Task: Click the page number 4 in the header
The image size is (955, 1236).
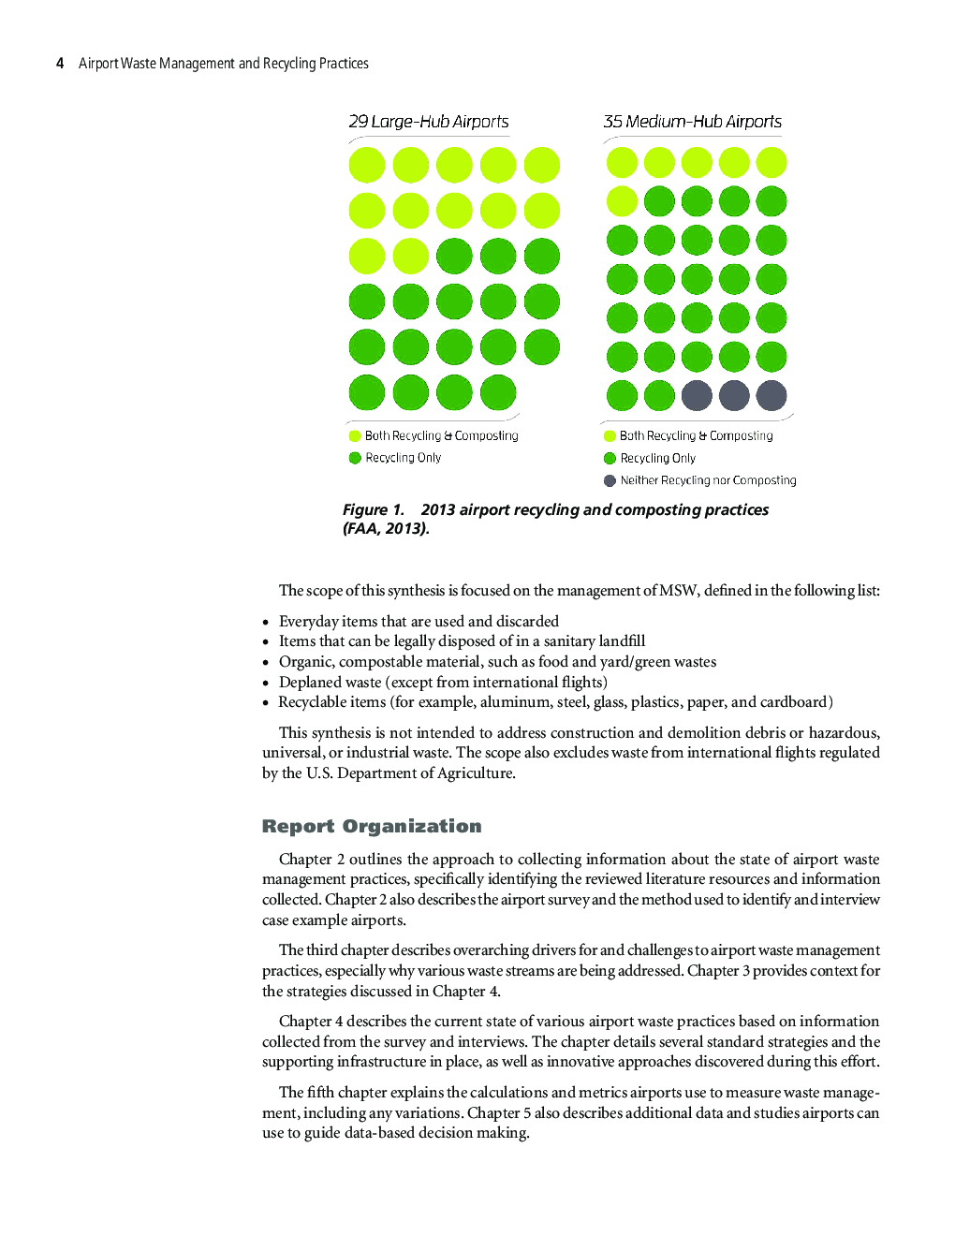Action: point(60,64)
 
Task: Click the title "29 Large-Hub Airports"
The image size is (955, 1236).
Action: point(429,122)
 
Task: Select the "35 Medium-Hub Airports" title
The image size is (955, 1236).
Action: point(692,122)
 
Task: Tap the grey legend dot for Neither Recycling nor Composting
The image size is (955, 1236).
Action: point(610,480)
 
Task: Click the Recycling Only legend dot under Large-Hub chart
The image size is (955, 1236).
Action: point(355,458)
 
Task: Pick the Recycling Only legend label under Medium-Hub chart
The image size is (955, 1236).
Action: point(657,458)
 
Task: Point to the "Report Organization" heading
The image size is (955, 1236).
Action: point(372,826)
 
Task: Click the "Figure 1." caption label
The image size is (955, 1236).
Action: point(373,509)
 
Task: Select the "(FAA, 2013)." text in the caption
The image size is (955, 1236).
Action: point(386,528)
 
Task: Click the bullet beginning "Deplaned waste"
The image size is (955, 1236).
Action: point(443,682)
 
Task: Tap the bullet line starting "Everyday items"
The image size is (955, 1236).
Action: point(419,621)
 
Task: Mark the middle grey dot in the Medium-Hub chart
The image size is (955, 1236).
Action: point(734,395)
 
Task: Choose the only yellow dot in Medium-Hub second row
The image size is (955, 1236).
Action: point(622,201)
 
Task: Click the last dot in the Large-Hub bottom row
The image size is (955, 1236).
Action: point(498,392)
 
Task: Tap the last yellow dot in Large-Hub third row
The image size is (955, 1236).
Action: point(410,256)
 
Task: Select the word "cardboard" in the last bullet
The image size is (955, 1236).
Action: point(795,701)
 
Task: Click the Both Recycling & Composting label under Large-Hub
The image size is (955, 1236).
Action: point(441,435)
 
